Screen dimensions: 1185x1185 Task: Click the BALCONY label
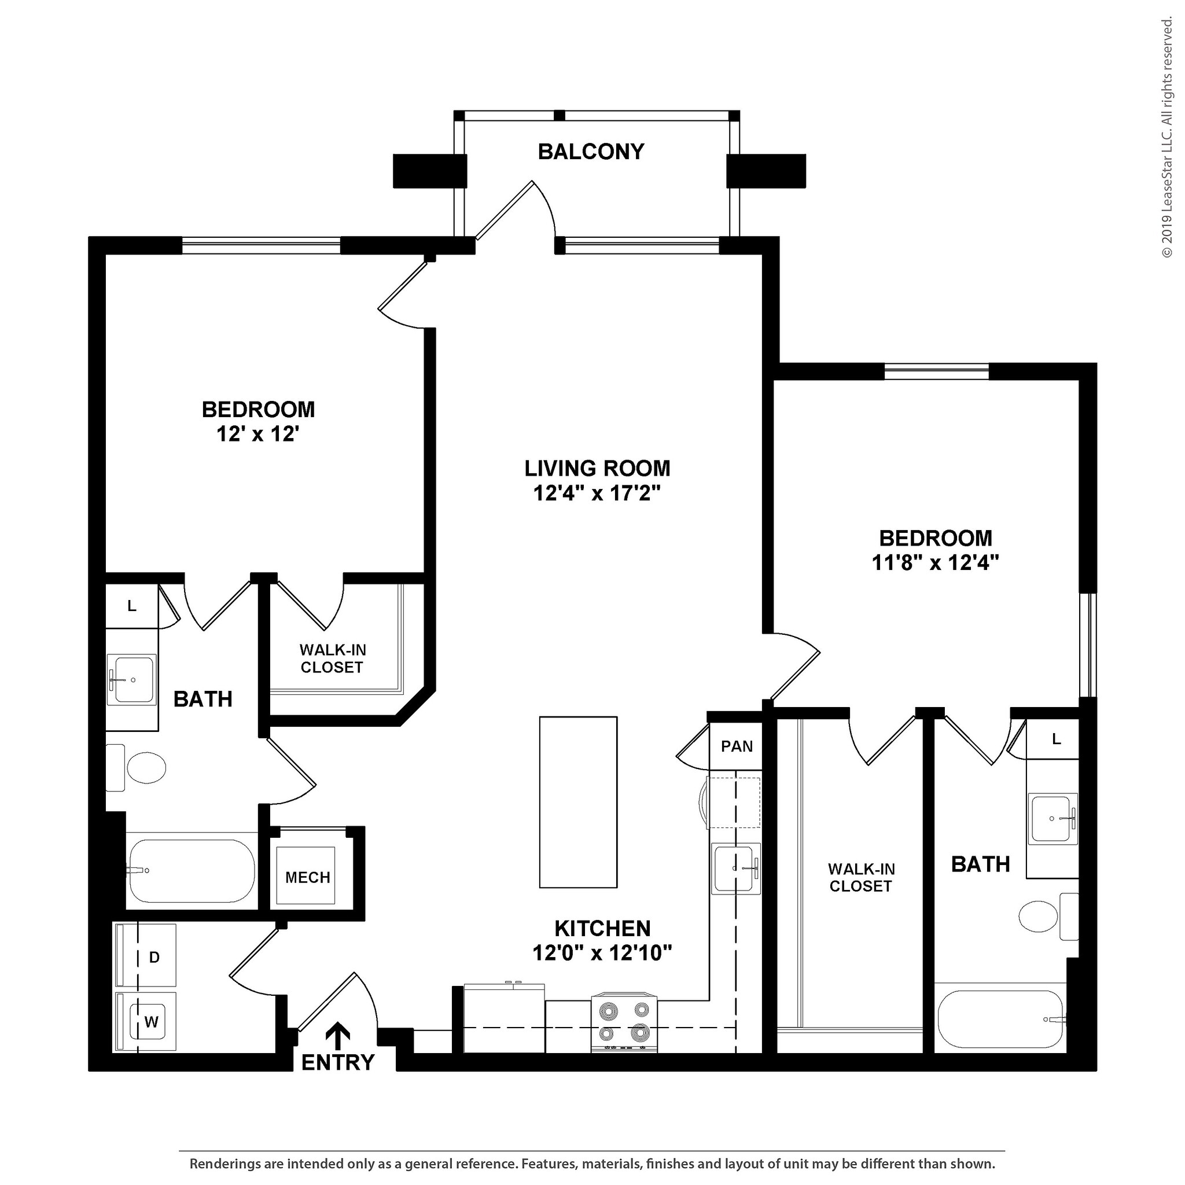[591, 152]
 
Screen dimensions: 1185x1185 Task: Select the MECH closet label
[307, 877]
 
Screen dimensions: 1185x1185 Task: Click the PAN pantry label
[737, 746]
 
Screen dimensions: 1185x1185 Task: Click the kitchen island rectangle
[578, 801]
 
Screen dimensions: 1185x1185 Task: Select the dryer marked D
[147, 957]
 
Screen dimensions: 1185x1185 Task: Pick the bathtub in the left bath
[191, 870]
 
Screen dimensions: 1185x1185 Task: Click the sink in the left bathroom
[131, 680]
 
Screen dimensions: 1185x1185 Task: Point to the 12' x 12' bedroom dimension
[257, 435]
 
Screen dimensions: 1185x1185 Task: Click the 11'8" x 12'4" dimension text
[935, 562]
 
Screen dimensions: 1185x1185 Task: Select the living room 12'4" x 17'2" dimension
[596, 492]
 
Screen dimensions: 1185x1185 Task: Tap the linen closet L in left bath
[131, 606]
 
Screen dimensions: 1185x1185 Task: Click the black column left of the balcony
[429, 171]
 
